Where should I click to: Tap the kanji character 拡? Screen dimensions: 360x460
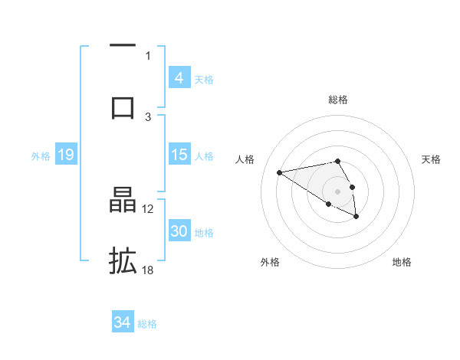123,260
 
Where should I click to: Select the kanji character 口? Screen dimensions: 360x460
123,106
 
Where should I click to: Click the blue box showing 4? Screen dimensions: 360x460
179,78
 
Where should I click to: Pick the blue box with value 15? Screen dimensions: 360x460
179,155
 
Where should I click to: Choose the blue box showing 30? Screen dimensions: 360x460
179,231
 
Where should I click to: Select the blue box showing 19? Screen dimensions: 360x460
66,155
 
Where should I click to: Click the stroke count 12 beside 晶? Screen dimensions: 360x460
148,208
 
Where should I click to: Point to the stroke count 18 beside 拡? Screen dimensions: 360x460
148,270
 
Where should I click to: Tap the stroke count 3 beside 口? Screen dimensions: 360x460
148,116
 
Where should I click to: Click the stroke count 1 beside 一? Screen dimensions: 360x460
148,55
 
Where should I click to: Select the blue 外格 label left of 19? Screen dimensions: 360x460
41,155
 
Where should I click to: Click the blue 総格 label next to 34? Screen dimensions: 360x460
147,324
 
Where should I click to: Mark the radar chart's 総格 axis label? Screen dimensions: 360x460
338,100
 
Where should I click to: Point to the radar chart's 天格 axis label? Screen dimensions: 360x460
432,159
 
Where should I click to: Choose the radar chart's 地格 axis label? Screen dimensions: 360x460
402,262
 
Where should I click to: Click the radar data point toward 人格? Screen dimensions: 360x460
279,172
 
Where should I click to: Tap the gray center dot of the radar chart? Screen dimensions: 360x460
338,191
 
